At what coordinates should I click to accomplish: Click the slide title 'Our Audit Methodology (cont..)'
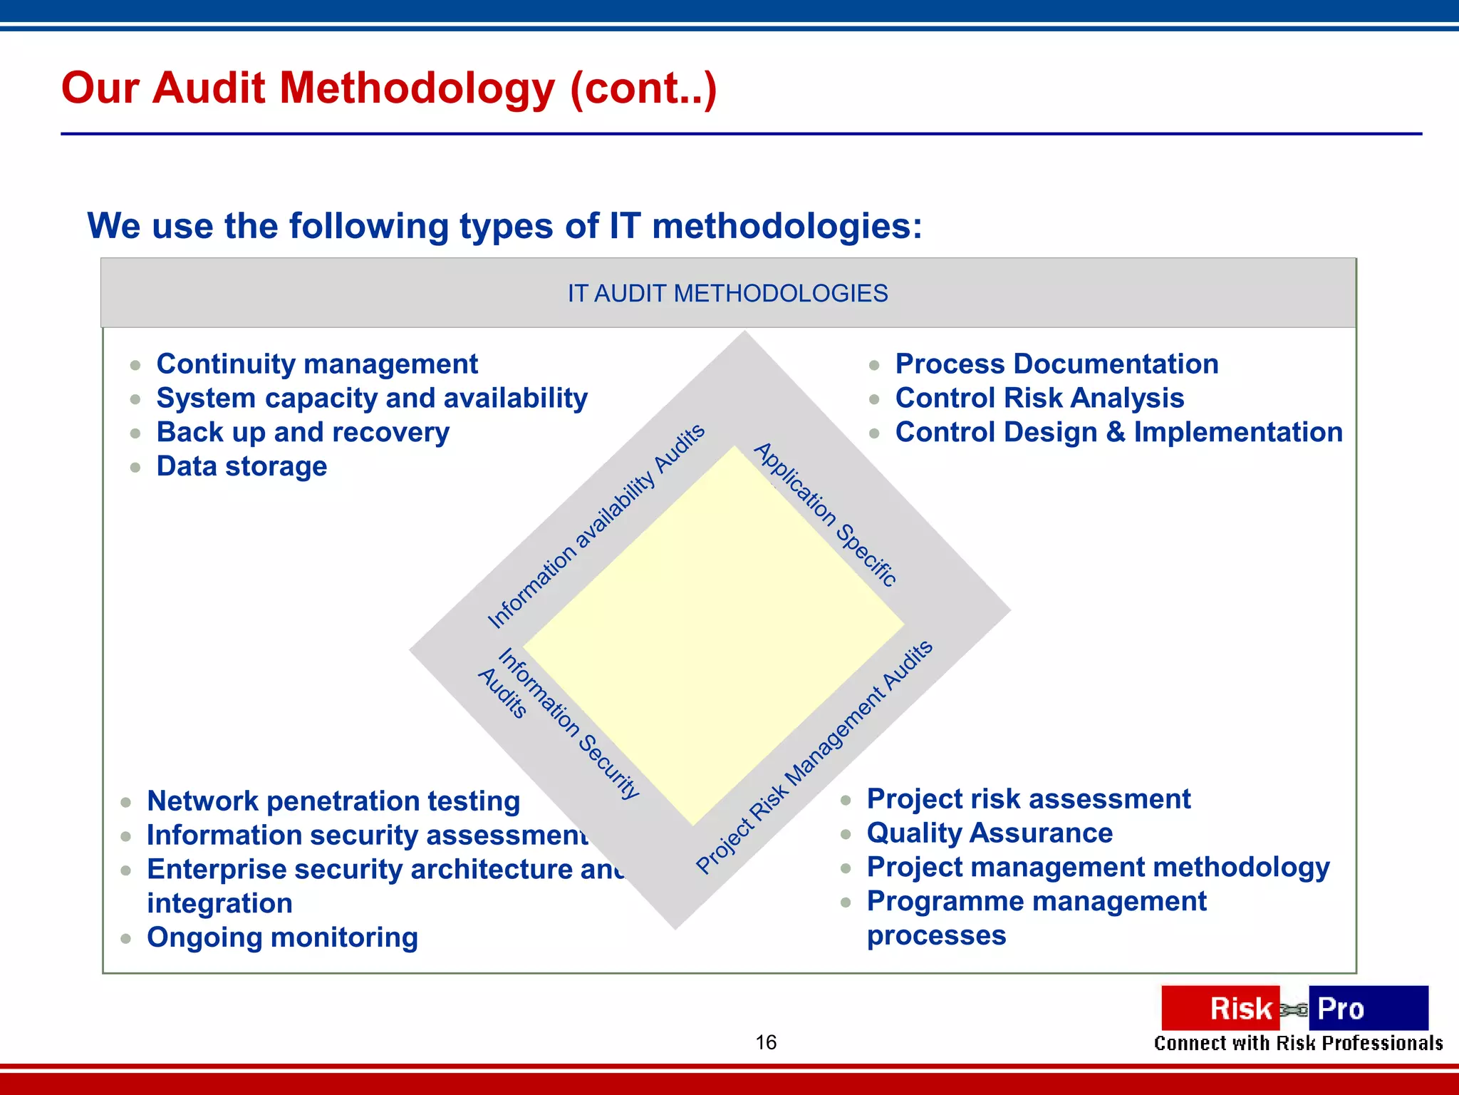389,88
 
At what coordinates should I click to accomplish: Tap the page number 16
766,1042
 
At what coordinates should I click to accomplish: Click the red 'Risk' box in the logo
1220,1008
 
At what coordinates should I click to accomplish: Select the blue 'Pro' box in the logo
1367,1008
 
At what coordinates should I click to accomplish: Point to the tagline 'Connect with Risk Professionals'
1298,1044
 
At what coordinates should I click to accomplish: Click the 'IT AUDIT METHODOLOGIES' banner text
727,294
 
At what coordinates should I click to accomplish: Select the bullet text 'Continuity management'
317,364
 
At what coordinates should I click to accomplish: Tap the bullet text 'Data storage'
242,467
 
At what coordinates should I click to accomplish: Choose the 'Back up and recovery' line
303,433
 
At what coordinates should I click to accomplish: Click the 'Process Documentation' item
1056,364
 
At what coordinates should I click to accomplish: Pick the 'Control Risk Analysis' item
1039,399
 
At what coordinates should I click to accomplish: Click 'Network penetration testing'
333,801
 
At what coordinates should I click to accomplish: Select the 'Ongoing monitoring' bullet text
282,937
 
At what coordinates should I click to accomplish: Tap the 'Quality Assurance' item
990,833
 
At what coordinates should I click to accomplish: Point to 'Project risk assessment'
1029,799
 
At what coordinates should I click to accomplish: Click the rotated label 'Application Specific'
825,515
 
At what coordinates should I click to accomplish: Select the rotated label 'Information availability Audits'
596,526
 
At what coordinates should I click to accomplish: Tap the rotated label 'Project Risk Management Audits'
814,757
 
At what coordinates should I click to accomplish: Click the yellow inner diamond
712,634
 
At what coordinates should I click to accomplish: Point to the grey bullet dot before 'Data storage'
135,468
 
